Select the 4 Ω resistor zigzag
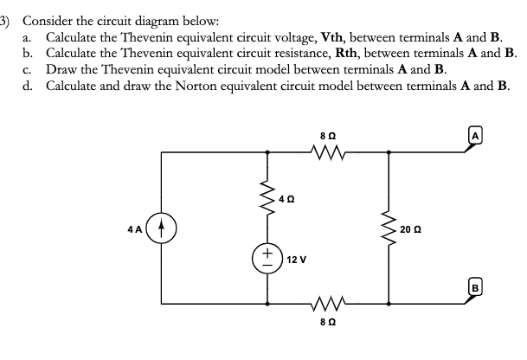tap(267, 201)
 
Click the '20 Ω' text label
tap(411, 229)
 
